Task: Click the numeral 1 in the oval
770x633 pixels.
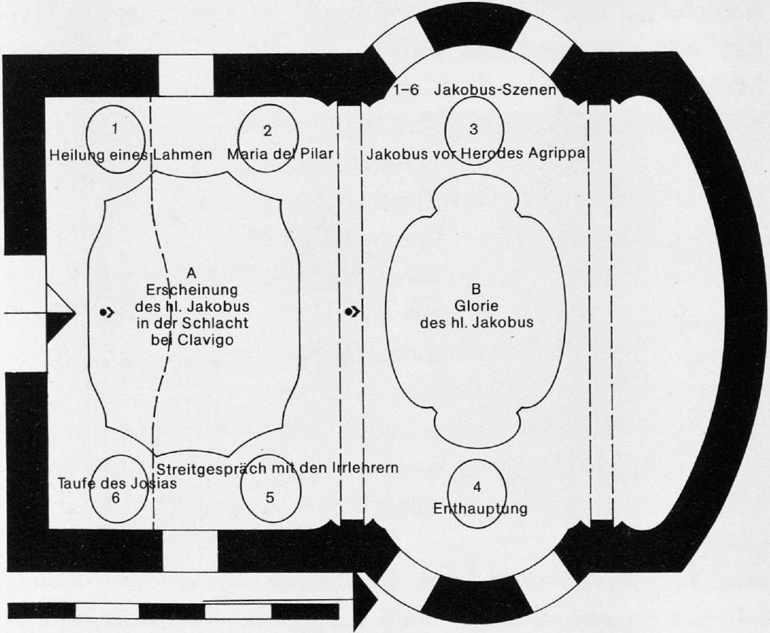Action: [115, 129]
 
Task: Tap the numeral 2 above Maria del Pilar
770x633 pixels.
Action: [267, 130]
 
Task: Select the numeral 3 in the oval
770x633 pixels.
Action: [474, 129]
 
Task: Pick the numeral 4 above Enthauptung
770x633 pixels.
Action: [477, 487]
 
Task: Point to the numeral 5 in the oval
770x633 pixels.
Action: [270, 498]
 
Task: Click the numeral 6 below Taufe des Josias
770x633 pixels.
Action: [116, 498]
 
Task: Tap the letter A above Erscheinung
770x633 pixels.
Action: [191, 273]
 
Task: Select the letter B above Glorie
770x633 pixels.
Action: [476, 290]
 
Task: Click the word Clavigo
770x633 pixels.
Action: [206, 340]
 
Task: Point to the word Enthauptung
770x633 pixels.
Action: [480, 508]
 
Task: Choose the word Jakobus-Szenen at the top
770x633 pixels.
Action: [495, 90]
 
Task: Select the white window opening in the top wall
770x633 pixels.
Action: [186, 76]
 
